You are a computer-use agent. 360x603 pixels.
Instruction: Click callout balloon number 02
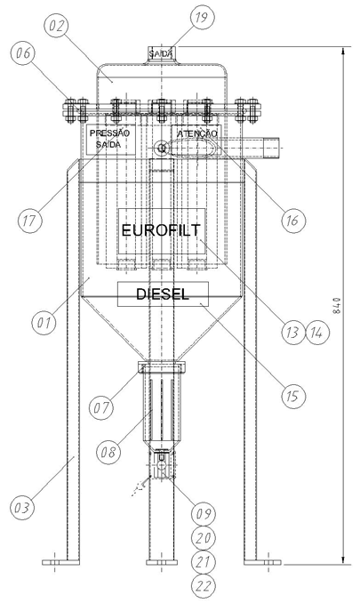[x=55, y=26]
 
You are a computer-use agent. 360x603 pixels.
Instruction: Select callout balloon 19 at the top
[x=202, y=18]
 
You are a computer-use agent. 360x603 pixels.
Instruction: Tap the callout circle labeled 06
[x=23, y=53]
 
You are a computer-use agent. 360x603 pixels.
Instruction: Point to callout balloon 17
[x=30, y=221]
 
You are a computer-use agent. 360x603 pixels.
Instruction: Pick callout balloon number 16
[x=292, y=221]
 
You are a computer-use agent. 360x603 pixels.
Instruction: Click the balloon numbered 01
[x=44, y=322]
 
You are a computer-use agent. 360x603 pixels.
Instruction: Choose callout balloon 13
[x=292, y=333]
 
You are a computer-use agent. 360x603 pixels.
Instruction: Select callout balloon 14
[x=317, y=333]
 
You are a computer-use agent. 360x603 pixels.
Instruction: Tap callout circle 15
[x=292, y=396]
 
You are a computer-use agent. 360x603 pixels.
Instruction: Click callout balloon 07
[x=101, y=407]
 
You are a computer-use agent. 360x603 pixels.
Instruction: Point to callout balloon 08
[x=108, y=452]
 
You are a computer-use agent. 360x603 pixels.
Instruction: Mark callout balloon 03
[x=22, y=508]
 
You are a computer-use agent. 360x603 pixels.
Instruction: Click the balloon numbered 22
[x=204, y=586]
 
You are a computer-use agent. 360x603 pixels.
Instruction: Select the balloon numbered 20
[x=204, y=538]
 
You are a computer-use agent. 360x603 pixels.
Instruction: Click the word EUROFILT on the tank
[x=161, y=230]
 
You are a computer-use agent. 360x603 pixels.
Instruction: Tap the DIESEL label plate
[x=163, y=294]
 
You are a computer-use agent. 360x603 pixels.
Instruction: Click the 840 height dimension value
[x=337, y=306]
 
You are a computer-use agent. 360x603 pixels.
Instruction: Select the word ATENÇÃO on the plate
[x=197, y=133]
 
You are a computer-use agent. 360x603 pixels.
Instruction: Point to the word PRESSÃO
[x=110, y=133]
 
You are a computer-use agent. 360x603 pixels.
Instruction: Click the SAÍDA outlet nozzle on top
[x=162, y=54]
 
